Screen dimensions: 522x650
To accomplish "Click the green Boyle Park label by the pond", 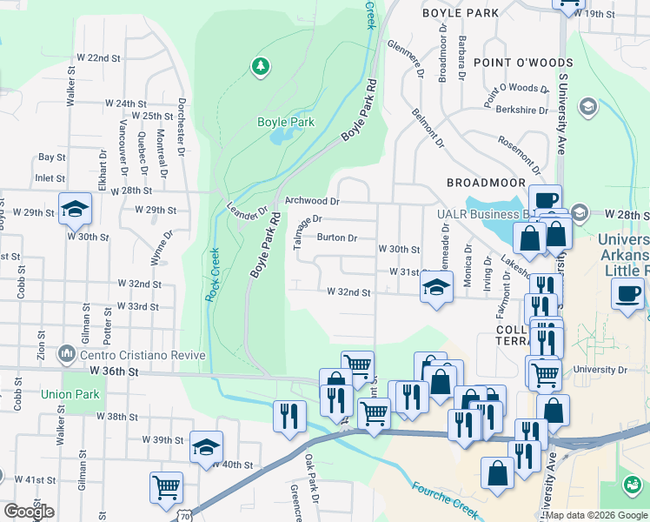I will [285, 123].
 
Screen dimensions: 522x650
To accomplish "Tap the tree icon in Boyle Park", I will [259, 65].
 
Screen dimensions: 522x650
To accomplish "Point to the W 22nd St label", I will [97, 57].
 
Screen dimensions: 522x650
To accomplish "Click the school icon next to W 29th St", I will [76, 209].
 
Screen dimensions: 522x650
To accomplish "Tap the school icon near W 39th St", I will [206, 447].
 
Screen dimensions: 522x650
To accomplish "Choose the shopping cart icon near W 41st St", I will [165, 487].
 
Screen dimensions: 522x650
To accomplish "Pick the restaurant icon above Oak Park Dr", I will [290, 415].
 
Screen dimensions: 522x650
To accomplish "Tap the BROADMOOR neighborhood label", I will [486, 183].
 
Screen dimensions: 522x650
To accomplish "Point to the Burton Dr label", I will [337, 238].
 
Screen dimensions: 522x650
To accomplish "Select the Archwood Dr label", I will [310, 201].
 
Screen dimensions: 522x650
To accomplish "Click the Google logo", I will [29, 512].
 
